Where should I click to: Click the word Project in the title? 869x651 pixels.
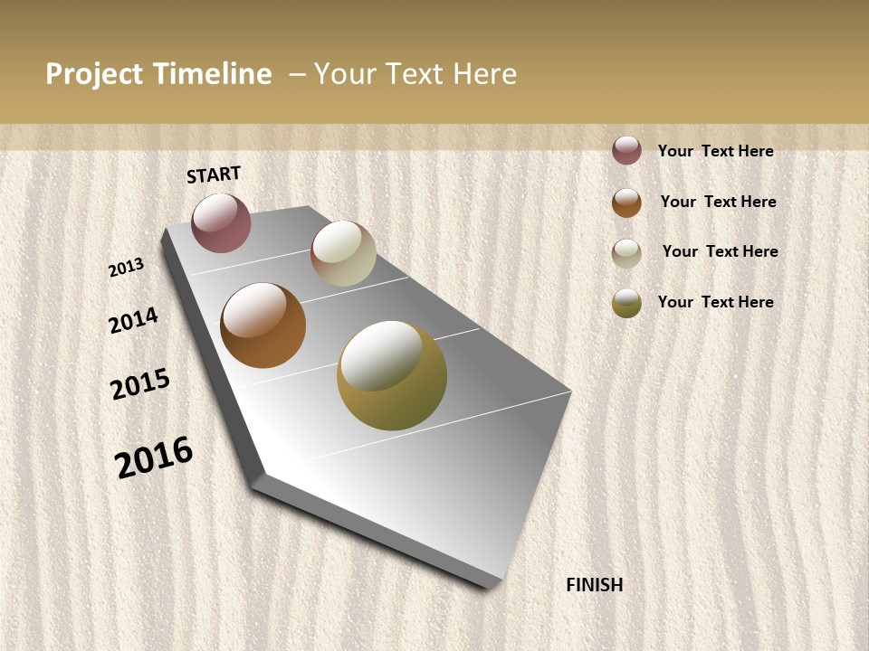click(93, 74)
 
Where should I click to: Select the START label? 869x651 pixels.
click(214, 175)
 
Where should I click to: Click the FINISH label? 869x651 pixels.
click(594, 585)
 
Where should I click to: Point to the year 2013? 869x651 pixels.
click(126, 268)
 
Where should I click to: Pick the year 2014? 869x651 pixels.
click(133, 320)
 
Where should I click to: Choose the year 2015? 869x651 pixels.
click(140, 384)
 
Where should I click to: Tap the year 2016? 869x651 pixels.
click(154, 457)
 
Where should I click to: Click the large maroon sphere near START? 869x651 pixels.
click(221, 222)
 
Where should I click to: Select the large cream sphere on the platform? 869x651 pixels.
click(343, 253)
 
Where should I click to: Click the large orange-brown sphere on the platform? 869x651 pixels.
click(263, 325)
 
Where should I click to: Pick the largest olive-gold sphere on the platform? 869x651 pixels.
click(392, 375)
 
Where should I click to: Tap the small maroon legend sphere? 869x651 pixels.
click(626, 150)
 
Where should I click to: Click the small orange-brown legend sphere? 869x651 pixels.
click(626, 203)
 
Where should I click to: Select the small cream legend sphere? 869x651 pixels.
click(626, 253)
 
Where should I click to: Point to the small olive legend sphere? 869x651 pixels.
click(626, 304)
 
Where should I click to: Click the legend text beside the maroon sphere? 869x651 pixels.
click(715, 151)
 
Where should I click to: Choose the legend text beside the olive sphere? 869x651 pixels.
click(715, 302)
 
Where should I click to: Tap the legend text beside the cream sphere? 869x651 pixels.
click(720, 251)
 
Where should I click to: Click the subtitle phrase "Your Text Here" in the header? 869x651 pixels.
click(415, 74)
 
